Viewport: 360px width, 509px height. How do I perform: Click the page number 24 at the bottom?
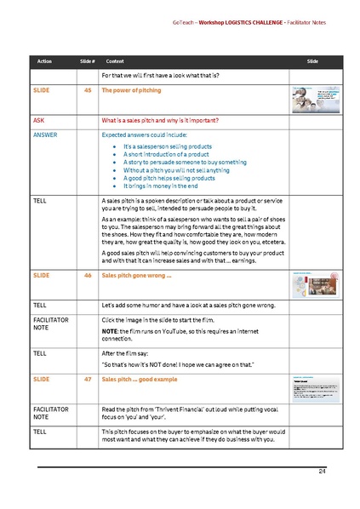coord(323,471)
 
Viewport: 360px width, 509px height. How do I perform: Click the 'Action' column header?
coord(44,62)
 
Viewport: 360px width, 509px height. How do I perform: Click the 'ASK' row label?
coord(39,120)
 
